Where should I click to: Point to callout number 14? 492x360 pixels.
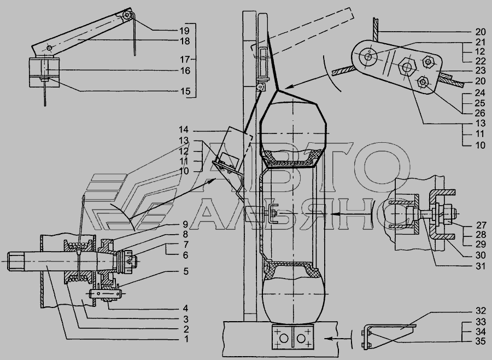tap(183, 130)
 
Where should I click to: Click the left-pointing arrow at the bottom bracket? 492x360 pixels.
tap(336, 339)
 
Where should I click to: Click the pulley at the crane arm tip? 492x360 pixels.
tap(128, 15)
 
